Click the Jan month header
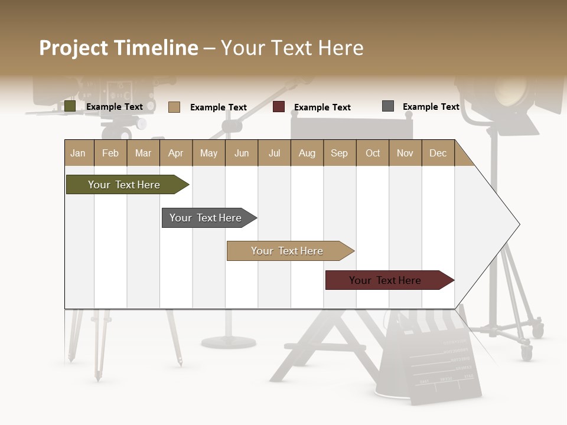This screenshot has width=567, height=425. pos(78,153)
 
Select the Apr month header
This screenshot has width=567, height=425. pos(175,153)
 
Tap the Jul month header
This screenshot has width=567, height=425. pos(274,153)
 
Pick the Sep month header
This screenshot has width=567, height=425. pos(339,153)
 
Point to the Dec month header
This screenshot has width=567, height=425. pos(438,153)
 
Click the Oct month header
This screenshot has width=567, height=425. pos(373,153)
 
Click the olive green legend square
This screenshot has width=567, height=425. pos(70,106)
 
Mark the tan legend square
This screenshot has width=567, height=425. pos(174,107)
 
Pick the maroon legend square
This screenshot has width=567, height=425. pos(279,107)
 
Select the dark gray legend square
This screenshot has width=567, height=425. pos(388,106)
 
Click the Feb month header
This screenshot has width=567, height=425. pos(110,153)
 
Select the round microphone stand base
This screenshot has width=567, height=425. pos(229,342)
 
